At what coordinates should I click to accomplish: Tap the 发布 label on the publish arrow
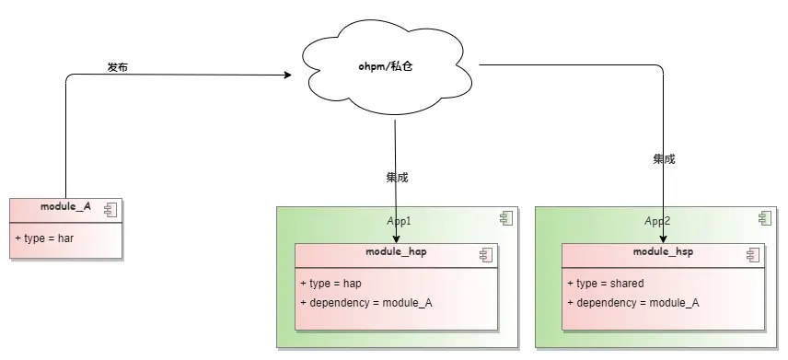coord(118,67)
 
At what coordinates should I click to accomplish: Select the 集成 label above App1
coord(397,177)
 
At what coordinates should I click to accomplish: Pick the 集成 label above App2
coord(664,158)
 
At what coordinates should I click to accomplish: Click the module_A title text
coord(66,207)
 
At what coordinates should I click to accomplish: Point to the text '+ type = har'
coord(44,238)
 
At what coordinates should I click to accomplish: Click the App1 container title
coord(398,221)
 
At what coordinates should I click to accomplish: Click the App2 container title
coord(656,221)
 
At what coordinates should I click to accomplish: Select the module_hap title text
coord(396,251)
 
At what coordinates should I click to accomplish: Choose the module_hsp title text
coord(663,251)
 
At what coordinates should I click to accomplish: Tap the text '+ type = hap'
coord(330,284)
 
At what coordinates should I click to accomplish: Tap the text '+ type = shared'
coord(605,284)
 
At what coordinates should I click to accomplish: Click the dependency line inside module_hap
coord(365,303)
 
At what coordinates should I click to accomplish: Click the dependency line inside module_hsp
coord(632,303)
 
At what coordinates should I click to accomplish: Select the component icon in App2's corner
coord(764,218)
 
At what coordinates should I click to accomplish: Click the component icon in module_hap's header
coord(485,253)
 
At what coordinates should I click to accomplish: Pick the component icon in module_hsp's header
coord(752,253)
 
